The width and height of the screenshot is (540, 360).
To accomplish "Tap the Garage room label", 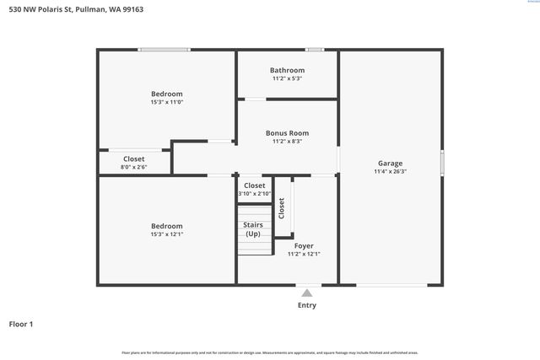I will click(390, 163).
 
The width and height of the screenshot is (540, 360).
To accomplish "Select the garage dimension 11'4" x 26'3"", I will click(390, 171).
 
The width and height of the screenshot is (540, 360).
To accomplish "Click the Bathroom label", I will click(287, 70).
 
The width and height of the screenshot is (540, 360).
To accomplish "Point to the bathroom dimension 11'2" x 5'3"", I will click(287, 78).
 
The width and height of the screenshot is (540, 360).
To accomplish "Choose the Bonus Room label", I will click(287, 132).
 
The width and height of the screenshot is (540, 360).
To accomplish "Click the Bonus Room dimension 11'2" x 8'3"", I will click(287, 142).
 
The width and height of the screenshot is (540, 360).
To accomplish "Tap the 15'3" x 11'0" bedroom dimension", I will click(166, 102).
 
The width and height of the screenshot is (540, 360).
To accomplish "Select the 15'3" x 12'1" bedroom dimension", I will click(166, 234).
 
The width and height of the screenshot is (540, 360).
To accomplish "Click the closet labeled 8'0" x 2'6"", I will click(133, 167).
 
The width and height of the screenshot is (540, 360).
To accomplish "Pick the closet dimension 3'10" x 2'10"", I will click(254, 194).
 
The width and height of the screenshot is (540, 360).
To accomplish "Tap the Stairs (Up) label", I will click(253, 228).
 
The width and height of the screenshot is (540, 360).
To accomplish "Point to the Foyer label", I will click(304, 245).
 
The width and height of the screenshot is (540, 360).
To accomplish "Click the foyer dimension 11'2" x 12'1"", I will click(304, 254).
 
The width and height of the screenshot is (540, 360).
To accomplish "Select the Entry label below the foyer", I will click(307, 305).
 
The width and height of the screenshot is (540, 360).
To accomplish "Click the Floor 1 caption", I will click(21, 324).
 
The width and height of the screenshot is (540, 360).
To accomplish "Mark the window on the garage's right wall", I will click(441, 163).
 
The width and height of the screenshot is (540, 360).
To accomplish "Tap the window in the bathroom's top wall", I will click(314, 50).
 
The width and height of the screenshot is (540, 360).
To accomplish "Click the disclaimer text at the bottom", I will click(270, 352).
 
